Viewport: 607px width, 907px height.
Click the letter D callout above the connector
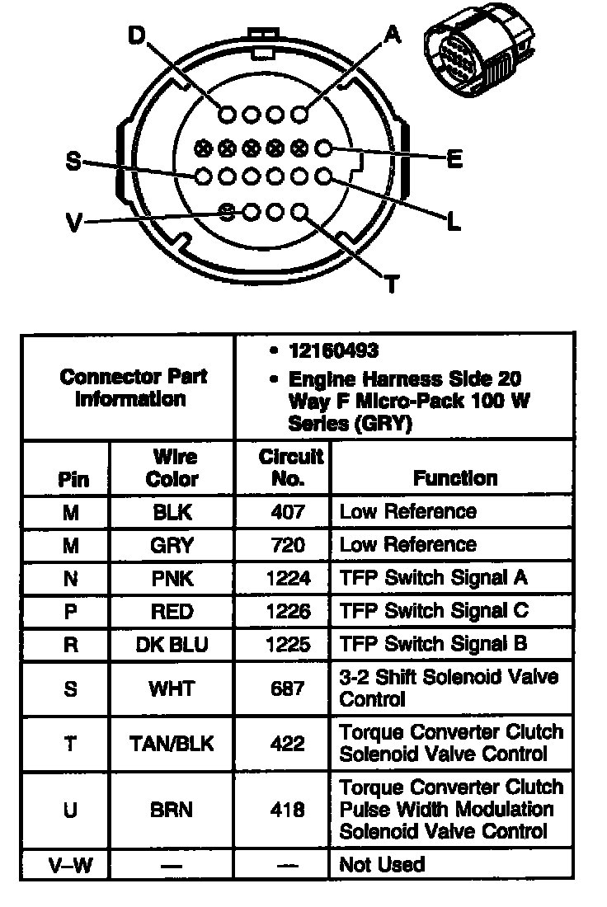click(x=136, y=35)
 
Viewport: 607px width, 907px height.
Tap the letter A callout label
click(x=393, y=34)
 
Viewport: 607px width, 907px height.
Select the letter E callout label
click(x=454, y=159)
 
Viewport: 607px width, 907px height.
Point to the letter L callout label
click(x=453, y=221)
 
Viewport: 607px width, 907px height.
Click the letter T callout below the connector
click(x=392, y=284)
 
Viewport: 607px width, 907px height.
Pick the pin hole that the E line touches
click(x=323, y=148)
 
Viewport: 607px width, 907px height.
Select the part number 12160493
click(x=334, y=351)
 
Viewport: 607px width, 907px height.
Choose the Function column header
click(x=455, y=478)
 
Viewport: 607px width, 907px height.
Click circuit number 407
click(x=287, y=512)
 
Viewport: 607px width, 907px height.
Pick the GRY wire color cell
click(x=172, y=545)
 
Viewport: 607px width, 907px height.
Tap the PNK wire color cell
click(x=172, y=578)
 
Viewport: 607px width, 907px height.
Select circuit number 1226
click(x=287, y=611)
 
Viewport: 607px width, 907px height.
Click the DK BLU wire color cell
click(x=172, y=644)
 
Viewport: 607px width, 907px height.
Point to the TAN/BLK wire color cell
click(x=172, y=743)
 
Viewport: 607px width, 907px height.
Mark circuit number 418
click(x=287, y=809)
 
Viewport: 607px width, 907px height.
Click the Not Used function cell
click(x=382, y=865)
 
